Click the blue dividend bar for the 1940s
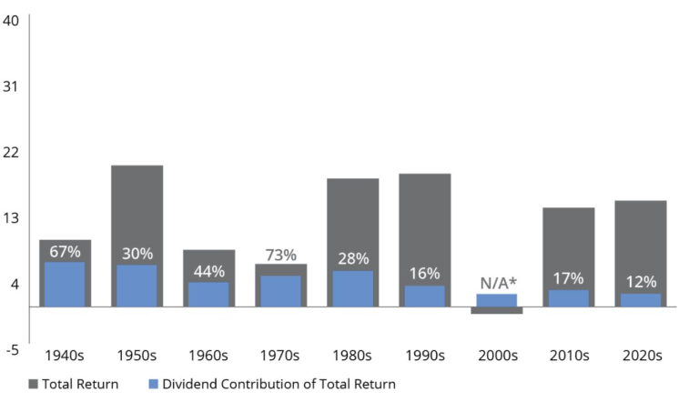[65, 285]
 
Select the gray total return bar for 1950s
[137, 209]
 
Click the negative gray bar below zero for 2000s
[496, 310]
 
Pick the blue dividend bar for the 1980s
[352, 289]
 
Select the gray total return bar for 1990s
[424, 218]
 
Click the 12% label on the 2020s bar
[640, 282]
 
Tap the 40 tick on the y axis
[12, 21]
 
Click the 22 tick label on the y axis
[12, 152]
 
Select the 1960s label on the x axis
[208, 355]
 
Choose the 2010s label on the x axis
[568, 355]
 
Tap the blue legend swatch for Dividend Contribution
[153, 384]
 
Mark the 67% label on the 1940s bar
[65, 251]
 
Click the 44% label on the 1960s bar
[208, 271]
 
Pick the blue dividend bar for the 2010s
[568, 298]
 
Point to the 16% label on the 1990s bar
[424, 273]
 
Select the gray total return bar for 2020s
[640, 236]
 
